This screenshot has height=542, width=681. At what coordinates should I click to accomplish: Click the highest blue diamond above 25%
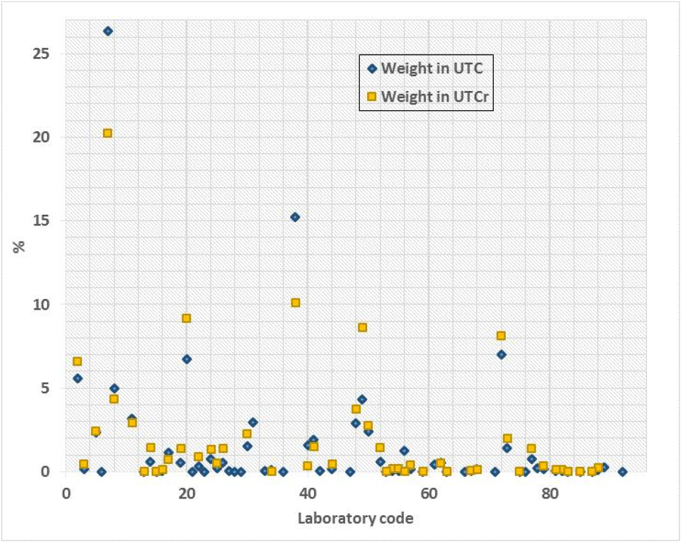107,31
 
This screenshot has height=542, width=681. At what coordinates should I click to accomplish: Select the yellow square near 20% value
107,133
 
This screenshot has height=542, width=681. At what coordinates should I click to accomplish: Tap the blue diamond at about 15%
295,217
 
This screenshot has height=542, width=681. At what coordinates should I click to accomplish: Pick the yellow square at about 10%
295,303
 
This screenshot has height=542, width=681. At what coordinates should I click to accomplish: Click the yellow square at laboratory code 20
186,318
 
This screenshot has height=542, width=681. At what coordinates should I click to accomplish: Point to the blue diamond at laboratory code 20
186,359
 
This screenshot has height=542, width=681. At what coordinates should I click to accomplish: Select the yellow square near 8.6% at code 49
362,327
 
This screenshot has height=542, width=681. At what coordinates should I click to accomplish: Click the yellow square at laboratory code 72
501,336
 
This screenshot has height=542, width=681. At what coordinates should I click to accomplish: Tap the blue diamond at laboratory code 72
501,354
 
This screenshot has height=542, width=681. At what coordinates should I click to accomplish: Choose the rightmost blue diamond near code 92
622,471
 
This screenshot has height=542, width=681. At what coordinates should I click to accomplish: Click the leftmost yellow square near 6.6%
77,361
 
